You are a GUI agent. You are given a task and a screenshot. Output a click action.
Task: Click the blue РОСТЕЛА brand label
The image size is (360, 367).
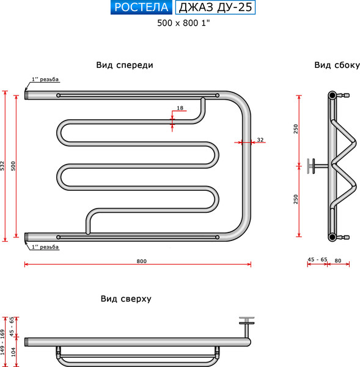(x=141, y=7)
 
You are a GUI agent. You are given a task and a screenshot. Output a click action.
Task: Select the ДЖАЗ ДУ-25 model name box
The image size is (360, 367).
(x=215, y=7)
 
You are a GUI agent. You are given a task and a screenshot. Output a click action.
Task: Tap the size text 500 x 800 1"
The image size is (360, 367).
(x=183, y=23)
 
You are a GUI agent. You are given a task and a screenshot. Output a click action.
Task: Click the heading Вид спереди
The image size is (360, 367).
(x=125, y=65)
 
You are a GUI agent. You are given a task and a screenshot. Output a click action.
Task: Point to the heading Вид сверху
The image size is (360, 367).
(x=126, y=298)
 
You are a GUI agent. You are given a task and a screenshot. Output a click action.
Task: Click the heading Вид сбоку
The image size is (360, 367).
(x=337, y=65)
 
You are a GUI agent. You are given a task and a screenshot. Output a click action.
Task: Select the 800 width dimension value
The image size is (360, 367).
(x=142, y=261)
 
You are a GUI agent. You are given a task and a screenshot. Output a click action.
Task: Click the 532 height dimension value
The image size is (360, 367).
(x=2, y=166)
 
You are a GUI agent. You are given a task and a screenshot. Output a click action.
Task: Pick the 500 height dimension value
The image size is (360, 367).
(x=13, y=166)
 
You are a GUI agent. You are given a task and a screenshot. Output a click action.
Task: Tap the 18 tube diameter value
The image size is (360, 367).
(x=180, y=108)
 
